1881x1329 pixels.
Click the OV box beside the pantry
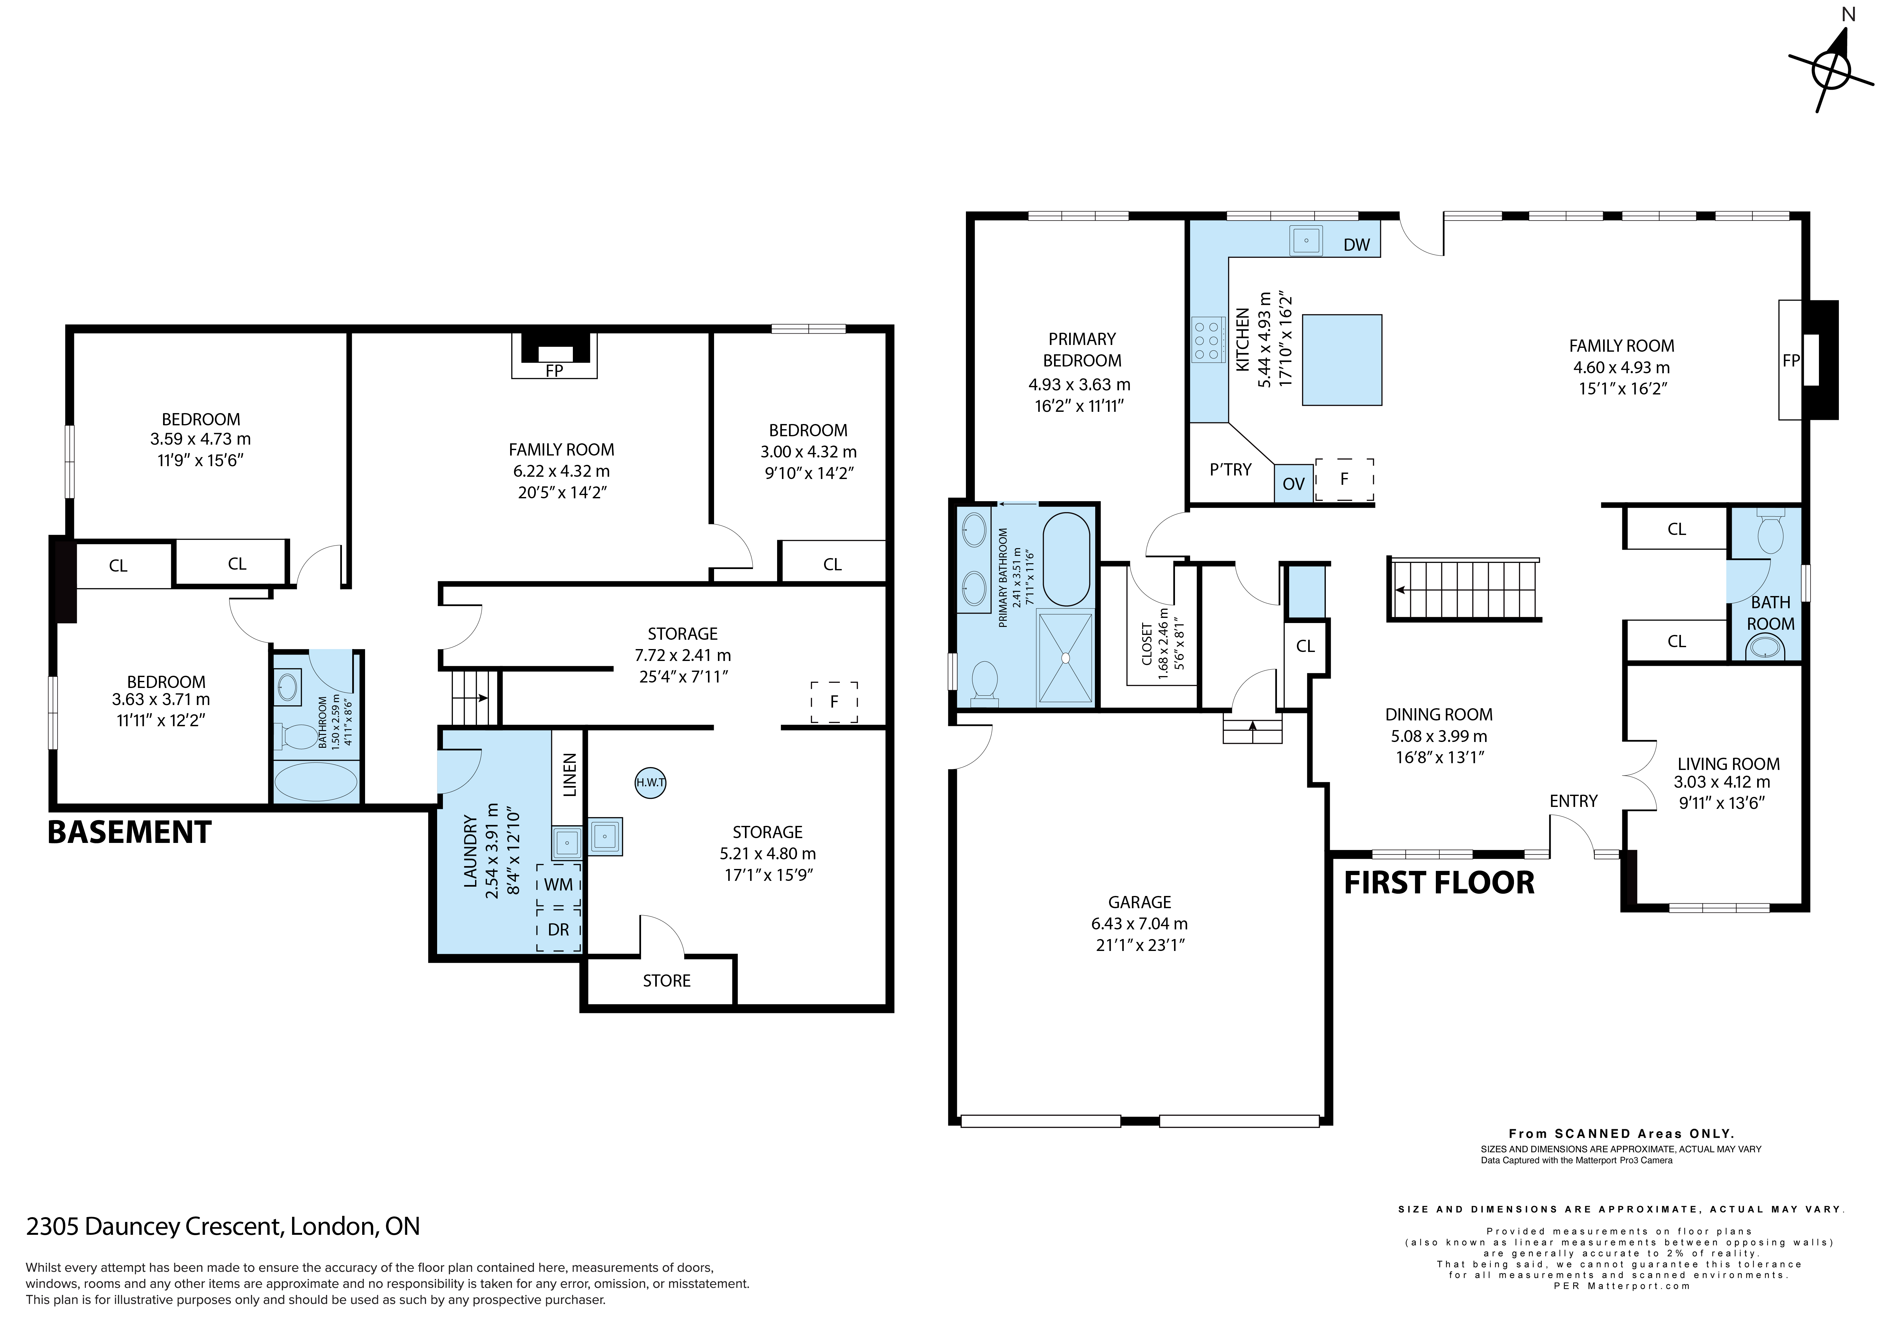point(1293,483)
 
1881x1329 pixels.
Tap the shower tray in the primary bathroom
point(1065,657)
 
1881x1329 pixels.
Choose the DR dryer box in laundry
point(559,929)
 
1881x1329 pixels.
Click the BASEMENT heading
point(129,832)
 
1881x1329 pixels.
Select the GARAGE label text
point(1140,902)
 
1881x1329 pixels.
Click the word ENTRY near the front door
point(1573,801)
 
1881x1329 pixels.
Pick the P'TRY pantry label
point(1231,469)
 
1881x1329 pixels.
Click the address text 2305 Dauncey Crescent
point(156,1226)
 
